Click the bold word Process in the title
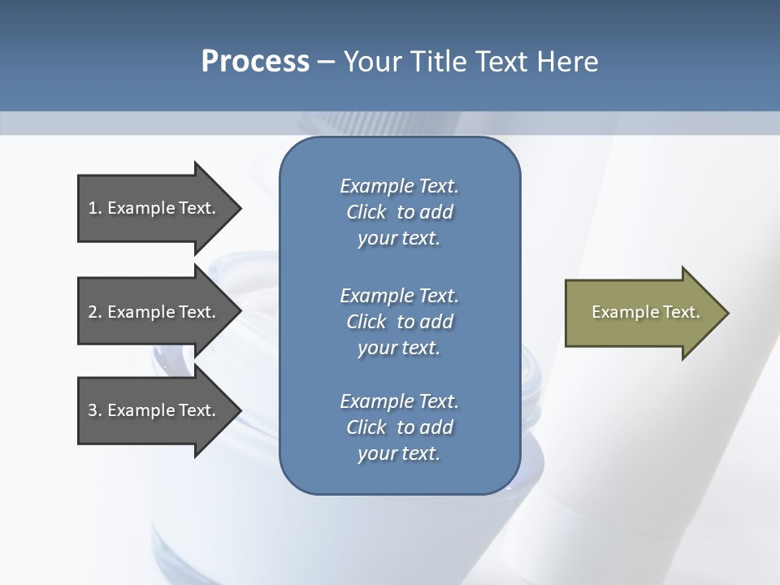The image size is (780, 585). pos(255,62)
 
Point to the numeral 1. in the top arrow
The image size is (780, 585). pos(94,208)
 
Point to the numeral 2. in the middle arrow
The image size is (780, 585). pos(94,312)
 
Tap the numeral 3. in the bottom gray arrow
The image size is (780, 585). pos(94,410)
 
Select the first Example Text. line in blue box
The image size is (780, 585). pos(399,186)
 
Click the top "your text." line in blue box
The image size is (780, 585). pos(399,239)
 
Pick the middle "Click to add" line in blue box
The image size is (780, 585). pos(399,322)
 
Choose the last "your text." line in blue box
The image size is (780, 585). pos(399,454)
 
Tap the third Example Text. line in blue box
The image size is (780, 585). pos(399,401)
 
